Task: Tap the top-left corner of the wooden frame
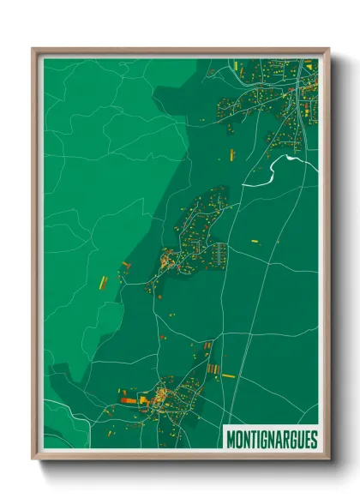point(33,49)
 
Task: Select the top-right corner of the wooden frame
point(328,49)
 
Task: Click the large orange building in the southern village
point(129,399)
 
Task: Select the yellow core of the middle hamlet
point(168,259)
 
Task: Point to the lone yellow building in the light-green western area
point(100,281)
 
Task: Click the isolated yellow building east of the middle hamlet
point(253,243)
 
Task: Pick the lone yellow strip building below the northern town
point(231,154)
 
